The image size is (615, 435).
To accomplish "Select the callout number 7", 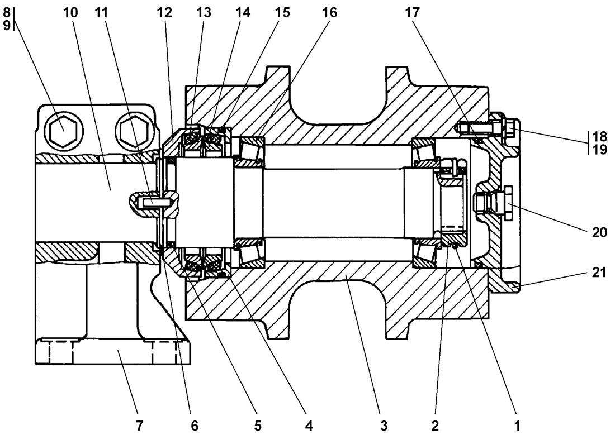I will pos(139,426).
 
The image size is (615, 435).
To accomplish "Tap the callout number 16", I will pos(330,12).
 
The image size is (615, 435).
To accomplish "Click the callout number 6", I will pos(194,426).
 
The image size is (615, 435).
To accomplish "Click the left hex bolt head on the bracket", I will pos(63,131).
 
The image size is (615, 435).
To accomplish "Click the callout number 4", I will pos(308,426).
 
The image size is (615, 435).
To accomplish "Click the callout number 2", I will pos(434,426).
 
